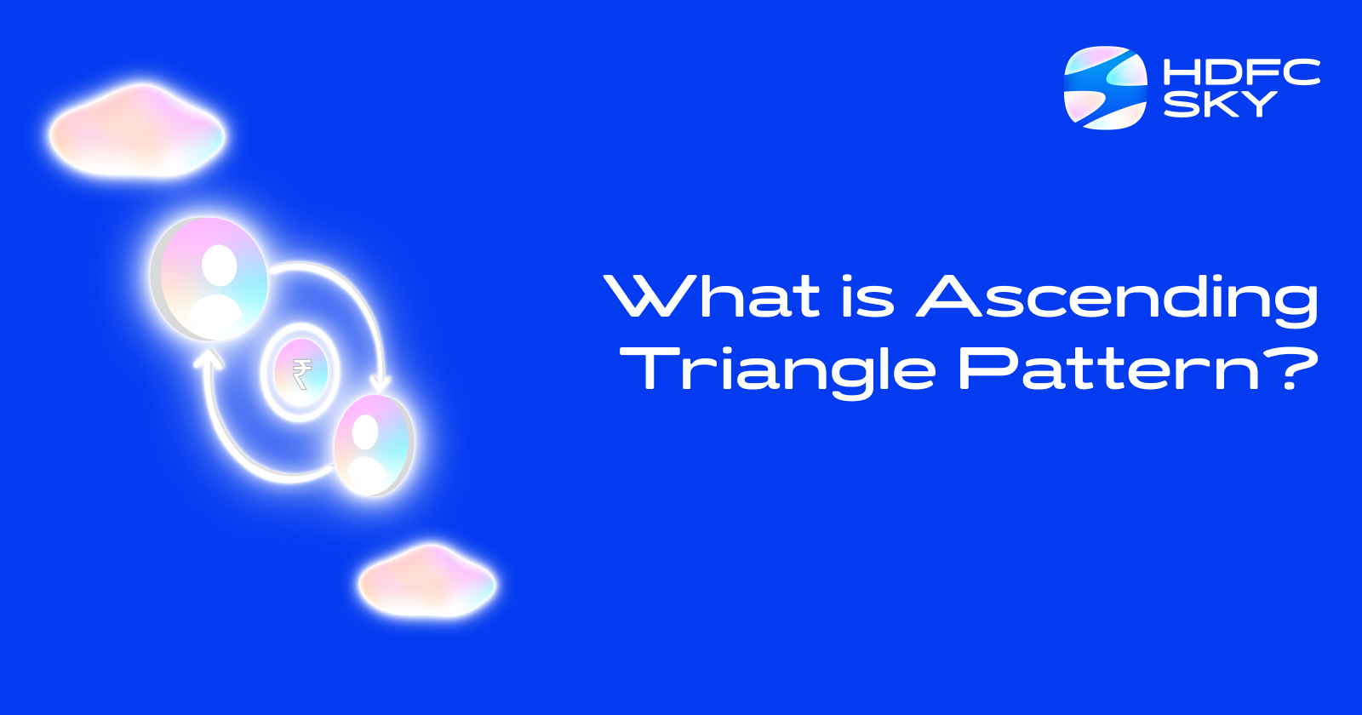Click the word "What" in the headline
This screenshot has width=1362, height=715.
(712, 295)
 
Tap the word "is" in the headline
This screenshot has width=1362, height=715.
(868, 295)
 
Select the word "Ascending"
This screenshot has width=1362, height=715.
(1118, 300)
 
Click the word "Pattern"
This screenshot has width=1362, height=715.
(1108, 369)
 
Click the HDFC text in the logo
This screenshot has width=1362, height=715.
(1241, 71)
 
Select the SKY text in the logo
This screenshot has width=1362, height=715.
(1220, 104)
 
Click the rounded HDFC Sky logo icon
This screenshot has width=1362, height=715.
(1106, 88)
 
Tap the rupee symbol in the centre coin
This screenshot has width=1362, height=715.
(301, 373)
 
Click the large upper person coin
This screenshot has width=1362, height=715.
(209, 278)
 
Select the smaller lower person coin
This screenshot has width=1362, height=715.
(374, 444)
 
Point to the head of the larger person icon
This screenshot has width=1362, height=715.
(219, 265)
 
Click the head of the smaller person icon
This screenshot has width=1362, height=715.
(365, 432)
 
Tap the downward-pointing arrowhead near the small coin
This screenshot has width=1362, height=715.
(381, 384)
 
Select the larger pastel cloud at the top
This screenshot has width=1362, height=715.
(137, 131)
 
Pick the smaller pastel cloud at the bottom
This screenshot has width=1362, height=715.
(427, 581)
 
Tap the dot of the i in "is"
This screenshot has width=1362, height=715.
(850, 277)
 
